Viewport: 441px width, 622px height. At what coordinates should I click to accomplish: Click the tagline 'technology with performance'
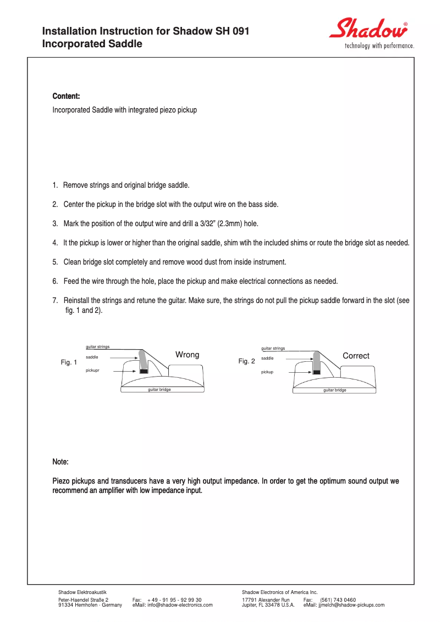(x=379, y=46)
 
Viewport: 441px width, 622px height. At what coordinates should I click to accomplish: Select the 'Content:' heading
(x=66, y=97)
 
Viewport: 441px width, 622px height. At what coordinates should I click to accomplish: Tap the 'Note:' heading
(x=60, y=462)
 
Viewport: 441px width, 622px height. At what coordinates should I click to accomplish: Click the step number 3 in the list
(x=55, y=223)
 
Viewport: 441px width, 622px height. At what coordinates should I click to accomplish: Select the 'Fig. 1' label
(x=69, y=363)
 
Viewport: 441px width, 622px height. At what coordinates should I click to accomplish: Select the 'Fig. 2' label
(x=246, y=361)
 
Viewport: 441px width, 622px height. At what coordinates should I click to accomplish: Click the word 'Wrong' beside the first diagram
(x=187, y=355)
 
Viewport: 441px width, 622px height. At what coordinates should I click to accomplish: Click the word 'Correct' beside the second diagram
(x=356, y=356)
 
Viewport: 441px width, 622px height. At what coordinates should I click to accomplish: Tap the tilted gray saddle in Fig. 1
(x=143, y=360)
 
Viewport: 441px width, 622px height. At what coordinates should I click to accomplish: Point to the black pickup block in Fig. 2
(x=317, y=372)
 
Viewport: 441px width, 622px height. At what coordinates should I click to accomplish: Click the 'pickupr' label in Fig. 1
(x=92, y=371)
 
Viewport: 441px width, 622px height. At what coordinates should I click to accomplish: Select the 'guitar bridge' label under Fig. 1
(x=159, y=389)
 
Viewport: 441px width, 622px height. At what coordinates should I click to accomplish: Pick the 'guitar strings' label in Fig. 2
(x=273, y=348)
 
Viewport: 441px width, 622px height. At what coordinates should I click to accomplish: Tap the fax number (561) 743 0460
(x=338, y=600)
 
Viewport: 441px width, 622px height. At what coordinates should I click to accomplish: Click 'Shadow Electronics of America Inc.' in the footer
(x=280, y=592)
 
